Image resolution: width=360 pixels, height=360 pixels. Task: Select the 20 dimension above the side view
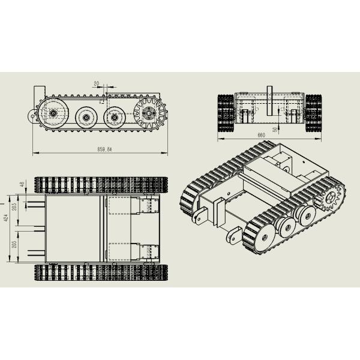coord(97,84)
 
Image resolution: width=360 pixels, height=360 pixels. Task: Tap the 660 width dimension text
coord(261,136)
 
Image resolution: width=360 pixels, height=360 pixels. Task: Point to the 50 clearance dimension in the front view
coord(275,128)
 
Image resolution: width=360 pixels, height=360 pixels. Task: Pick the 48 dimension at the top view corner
coord(23,185)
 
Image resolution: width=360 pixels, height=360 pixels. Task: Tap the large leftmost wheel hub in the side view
coord(53,113)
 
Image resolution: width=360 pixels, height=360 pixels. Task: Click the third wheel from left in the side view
coord(114,116)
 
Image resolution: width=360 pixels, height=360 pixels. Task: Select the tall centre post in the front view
coord(269,101)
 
